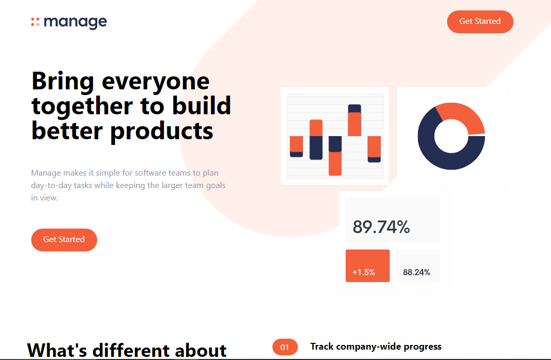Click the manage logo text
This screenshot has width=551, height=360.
75,22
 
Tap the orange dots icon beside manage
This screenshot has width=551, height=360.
35,22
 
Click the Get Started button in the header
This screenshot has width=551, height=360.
480,22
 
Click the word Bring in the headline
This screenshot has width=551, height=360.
63,82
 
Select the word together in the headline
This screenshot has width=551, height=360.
82,106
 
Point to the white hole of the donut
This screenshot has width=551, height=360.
452,136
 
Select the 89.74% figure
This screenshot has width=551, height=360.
381,227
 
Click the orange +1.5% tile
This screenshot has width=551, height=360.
368,265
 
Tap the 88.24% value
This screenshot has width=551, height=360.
416,272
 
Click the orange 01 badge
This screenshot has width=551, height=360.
285,348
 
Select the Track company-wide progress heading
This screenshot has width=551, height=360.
376,346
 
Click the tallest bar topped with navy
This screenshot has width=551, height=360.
355,120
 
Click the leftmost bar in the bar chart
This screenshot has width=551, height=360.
296,146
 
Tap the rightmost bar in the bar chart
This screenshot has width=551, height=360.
374,149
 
